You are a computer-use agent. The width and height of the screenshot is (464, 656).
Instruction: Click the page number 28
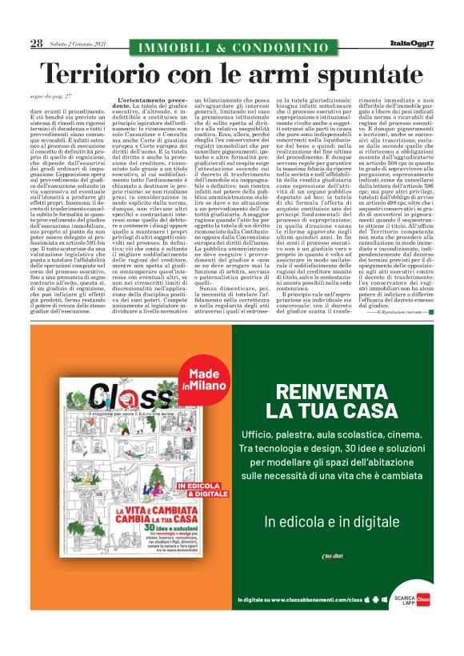37,44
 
